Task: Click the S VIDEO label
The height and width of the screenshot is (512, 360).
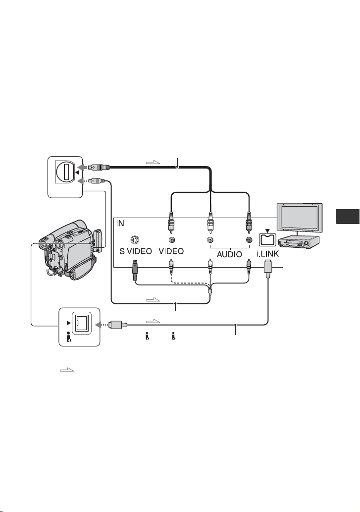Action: click(x=135, y=251)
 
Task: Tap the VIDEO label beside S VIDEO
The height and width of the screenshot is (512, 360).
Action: click(x=171, y=251)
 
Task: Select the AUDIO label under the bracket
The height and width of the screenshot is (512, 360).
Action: click(x=230, y=254)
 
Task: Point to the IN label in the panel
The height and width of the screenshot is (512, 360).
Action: click(x=120, y=224)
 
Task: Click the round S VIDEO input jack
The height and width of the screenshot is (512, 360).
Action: click(x=135, y=240)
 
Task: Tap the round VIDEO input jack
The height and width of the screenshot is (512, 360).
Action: click(x=171, y=240)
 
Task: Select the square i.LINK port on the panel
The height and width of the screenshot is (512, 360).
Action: click(x=267, y=240)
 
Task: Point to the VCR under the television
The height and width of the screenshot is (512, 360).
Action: click(x=298, y=242)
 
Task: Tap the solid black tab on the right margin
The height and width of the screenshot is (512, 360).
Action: click(x=348, y=217)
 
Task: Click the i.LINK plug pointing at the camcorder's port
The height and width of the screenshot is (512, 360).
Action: click(x=116, y=325)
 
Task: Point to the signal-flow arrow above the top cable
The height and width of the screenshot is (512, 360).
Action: click(x=153, y=162)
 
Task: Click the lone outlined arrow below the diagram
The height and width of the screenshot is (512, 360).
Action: click(x=67, y=370)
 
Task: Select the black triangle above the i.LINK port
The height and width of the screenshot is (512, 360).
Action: click(x=267, y=230)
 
